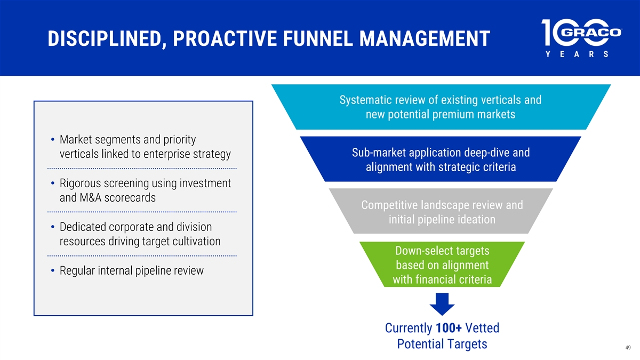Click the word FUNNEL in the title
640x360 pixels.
[x=318, y=38]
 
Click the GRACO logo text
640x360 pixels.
[x=591, y=32]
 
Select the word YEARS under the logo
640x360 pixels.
[x=577, y=54]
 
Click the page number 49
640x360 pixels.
[x=628, y=347]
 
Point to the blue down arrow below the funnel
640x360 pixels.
[x=442, y=303]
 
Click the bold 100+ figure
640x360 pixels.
[x=449, y=327]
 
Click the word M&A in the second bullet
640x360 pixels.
[x=91, y=197]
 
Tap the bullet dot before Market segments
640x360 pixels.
[x=53, y=139]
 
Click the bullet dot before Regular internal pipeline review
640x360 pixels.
[x=53, y=270]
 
